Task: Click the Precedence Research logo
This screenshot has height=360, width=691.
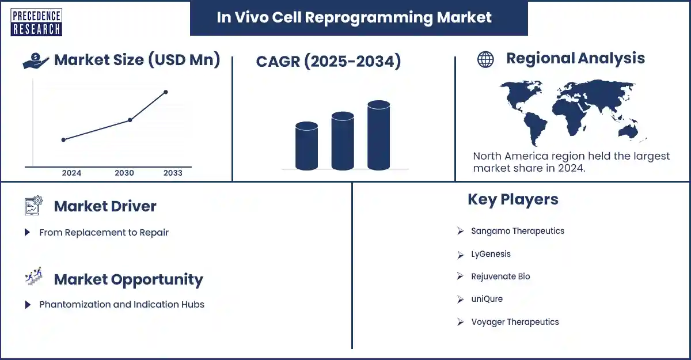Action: [36, 22]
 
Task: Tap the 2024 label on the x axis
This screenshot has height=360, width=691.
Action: [71, 173]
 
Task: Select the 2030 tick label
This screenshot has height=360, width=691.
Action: [124, 173]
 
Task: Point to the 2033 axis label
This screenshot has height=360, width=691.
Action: [173, 173]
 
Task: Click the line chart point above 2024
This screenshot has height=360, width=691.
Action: [63, 140]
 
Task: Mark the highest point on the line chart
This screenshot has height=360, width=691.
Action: [166, 92]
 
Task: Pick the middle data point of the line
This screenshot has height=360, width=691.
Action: [130, 120]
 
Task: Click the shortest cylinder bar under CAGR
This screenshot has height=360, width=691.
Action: [306, 146]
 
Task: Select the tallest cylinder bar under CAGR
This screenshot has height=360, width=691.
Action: [379, 135]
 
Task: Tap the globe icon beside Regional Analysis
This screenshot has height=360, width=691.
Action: [485, 59]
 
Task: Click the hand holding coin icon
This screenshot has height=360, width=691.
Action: [36, 60]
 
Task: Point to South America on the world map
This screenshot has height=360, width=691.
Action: [535, 128]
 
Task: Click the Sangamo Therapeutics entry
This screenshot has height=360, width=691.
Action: [518, 231]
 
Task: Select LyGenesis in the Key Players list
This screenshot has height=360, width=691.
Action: [491, 254]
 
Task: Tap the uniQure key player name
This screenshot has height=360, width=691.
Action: [487, 299]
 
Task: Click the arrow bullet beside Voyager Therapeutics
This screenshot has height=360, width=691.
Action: [460, 322]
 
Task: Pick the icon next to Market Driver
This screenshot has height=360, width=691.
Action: [33, 205]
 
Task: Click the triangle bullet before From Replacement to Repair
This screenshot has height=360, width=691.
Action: [27, 232]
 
